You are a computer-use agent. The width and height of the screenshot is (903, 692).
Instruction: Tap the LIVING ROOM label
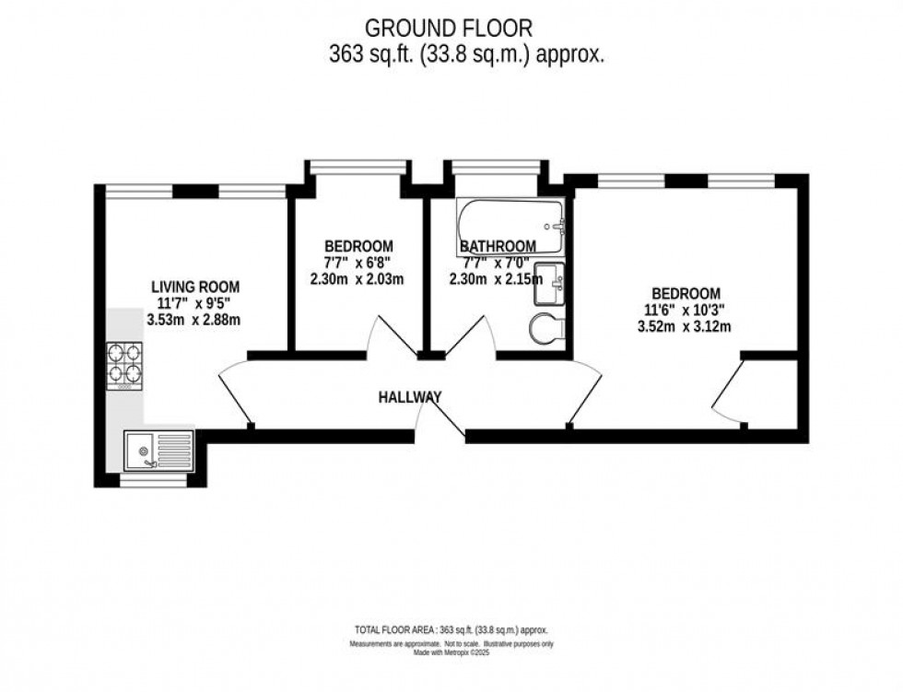(x=195, y=287)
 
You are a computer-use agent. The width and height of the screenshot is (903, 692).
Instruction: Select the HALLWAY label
(x=409, y=397)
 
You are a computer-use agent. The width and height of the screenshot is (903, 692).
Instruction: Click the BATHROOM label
(x=498, y=246)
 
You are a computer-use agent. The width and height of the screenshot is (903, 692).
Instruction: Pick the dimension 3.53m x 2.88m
(x=195, y=321)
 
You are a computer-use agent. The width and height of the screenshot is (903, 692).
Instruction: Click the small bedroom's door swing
(x=386, y=337)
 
